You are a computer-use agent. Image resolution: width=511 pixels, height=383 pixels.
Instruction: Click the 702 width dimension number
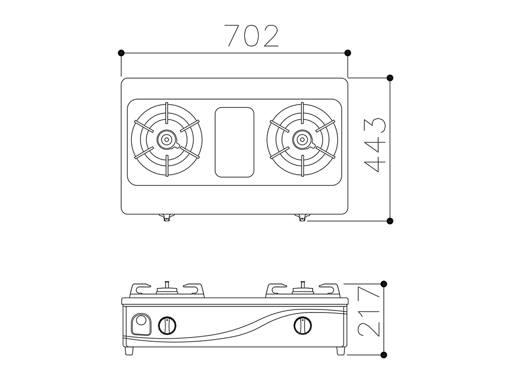(x=253, y=36)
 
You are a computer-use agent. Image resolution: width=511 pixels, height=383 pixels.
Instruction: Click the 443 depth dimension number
(x=375, y=145)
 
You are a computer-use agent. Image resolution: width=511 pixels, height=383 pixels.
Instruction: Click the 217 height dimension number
(x=369, y=311)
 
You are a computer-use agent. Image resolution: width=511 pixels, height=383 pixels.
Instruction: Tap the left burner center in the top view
(x=167, y=140)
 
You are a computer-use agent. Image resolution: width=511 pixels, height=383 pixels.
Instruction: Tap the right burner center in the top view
(x=303, y=140)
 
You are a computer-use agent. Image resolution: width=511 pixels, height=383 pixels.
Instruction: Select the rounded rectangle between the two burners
(x=235, y=142)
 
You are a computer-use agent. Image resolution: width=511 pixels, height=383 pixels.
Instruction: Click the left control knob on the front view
(x=168, y=325)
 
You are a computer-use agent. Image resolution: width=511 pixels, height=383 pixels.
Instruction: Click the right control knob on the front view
(x=303, y=325)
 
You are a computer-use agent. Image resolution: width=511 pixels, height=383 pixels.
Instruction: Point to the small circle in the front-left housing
(x=141, y=321)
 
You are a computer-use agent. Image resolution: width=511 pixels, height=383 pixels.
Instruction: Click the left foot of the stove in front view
(x=129, y=351)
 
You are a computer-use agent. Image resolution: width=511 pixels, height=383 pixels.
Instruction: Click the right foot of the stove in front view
(x=340, y=351)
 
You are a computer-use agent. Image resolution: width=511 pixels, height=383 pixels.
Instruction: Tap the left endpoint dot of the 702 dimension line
(x=121, y=53)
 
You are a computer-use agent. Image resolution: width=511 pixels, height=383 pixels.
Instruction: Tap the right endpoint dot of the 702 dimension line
(x=347, y=53)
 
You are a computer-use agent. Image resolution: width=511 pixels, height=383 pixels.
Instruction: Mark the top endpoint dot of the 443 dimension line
(x=390, y=78)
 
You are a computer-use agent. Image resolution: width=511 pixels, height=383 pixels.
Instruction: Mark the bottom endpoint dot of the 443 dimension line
(x=390, y=221)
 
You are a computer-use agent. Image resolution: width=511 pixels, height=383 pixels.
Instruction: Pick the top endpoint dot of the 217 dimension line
(x=384, y=283)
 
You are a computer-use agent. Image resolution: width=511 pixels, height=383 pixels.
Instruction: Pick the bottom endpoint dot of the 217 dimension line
(x=384, y=355)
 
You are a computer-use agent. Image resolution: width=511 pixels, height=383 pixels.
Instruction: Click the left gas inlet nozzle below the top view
(x=166, y=218)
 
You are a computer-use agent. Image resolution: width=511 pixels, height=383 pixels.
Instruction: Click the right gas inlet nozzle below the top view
(x=302, y=218)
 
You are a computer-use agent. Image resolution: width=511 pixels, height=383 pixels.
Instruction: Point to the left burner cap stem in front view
(x=167, y=284)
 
